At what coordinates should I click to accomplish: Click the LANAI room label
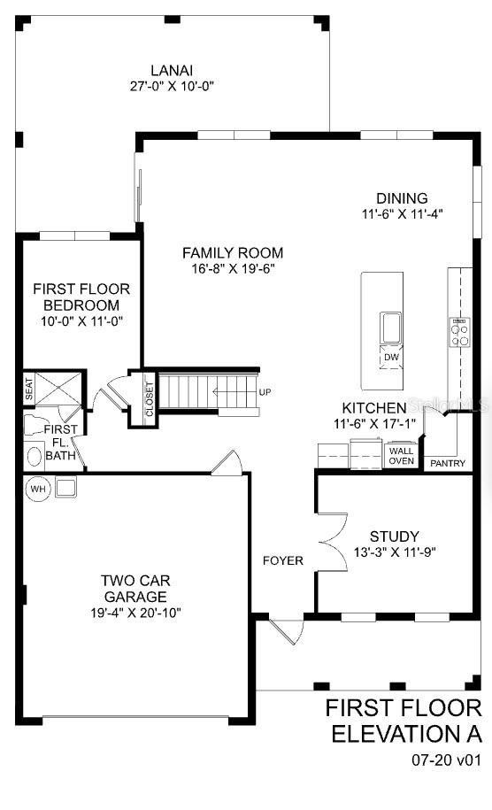173,70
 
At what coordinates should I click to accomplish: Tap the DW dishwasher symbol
390,357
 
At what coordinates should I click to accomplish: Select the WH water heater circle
38,489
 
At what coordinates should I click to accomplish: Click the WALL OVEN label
401,455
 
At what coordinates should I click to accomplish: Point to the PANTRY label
447,463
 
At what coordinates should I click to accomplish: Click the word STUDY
395,536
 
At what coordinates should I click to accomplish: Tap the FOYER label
283,560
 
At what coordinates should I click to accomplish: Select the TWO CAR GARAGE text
135,588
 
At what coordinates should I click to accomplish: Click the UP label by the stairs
265,392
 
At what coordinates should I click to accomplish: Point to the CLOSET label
149,397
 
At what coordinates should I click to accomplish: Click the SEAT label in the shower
28,387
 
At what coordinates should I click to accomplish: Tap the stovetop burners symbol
460,332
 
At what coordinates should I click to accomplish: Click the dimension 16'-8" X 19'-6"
227,268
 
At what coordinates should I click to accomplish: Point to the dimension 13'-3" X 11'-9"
395,552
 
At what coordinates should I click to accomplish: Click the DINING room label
402,198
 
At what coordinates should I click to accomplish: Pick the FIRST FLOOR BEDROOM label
81,297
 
